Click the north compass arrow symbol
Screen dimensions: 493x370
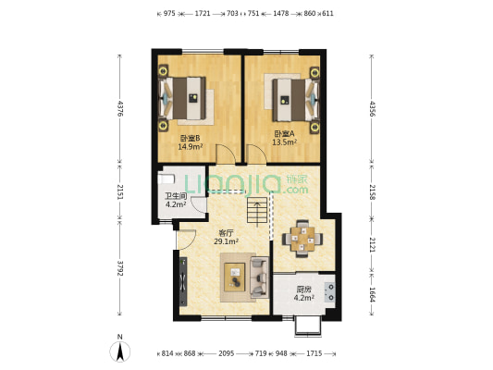(120, 351)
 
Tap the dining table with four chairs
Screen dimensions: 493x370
(302, 239)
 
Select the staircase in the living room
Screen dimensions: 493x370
(257, 210)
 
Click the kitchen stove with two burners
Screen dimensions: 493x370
(330, 291)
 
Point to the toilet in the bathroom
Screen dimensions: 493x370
(166, 179)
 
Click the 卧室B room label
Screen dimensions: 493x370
(190, 138)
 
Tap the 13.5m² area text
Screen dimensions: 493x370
(285, 142)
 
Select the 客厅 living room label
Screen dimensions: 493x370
(226, 233)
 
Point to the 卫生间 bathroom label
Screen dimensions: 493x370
(176, 196)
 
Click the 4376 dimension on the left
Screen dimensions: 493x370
(120, 108)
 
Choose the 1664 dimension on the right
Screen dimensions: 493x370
(372, 295)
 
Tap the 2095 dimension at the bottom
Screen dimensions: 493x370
(227, 353)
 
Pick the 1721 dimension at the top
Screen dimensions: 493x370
(203, 14)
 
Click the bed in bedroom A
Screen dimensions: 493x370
(296, 100)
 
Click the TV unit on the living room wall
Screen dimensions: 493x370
(183, 281)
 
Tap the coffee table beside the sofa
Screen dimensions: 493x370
(235, 277)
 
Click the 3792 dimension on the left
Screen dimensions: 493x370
(120, 268)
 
